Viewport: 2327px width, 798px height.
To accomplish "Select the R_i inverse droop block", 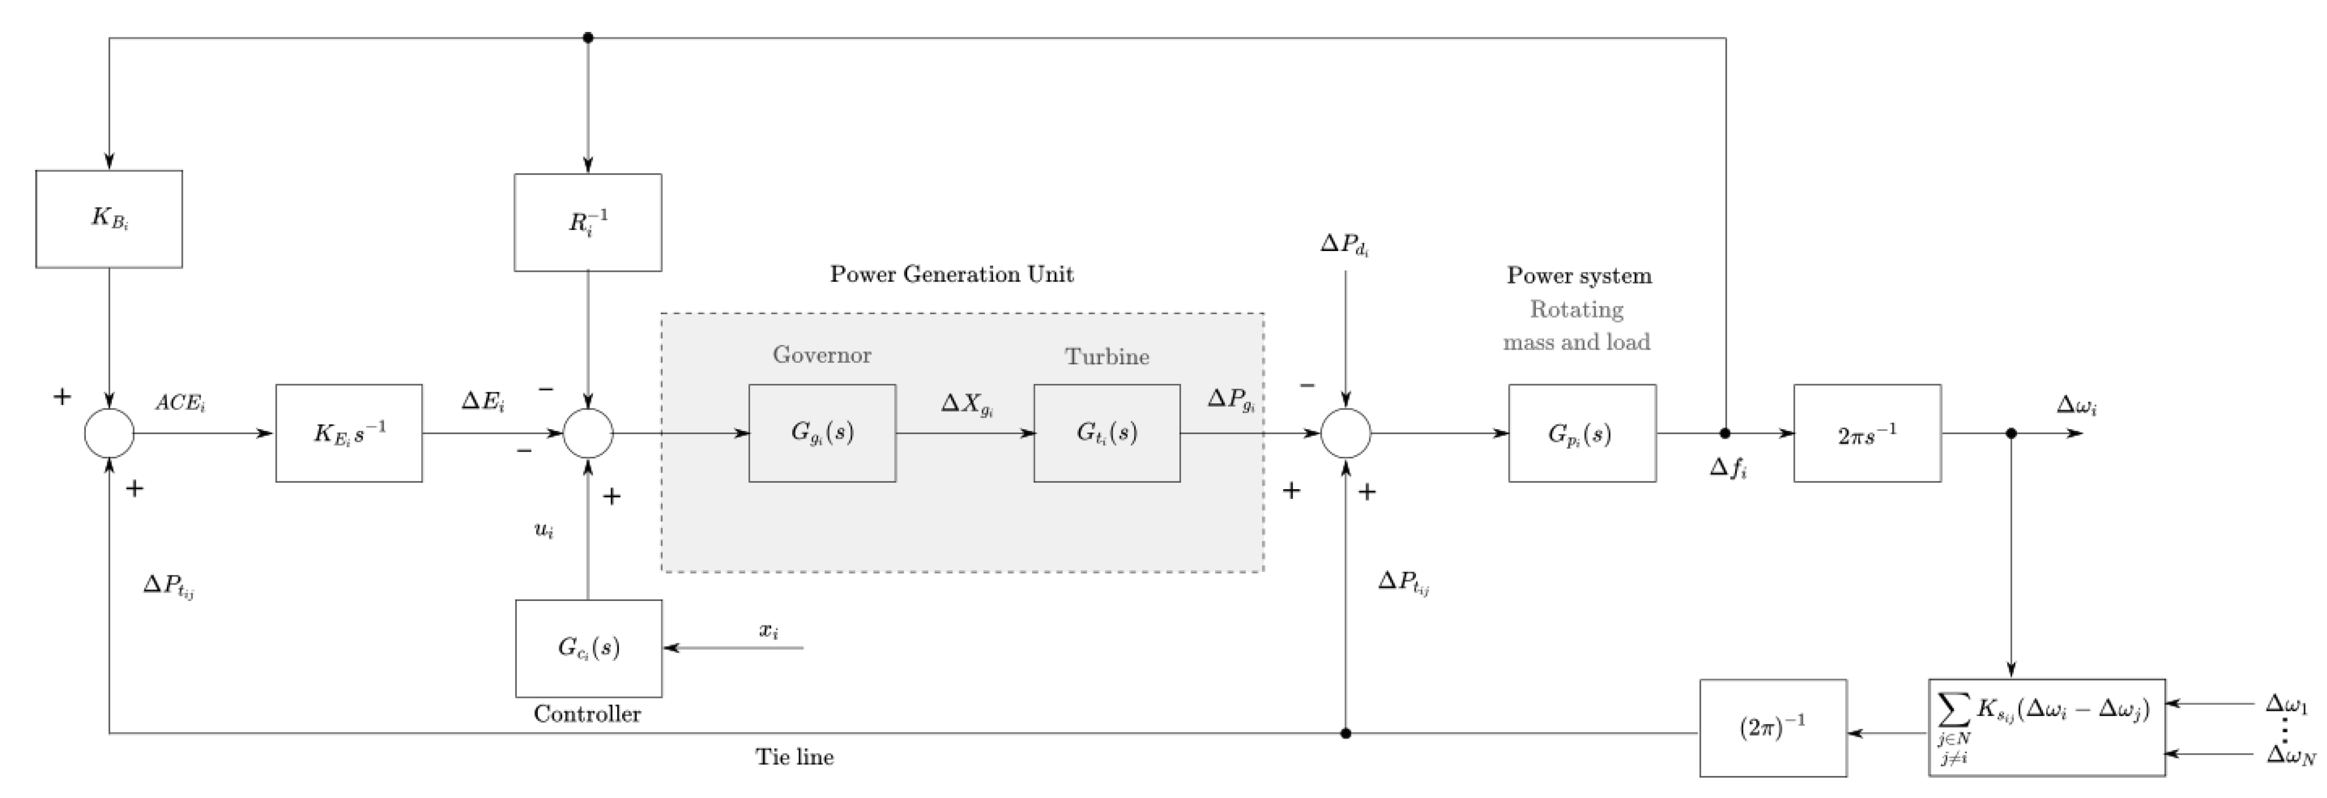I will [587, 222].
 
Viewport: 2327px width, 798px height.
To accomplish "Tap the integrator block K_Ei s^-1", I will [348, 433].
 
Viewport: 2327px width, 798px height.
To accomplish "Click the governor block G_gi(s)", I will [822, 433].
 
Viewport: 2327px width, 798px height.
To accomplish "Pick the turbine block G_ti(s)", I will [1107, 433].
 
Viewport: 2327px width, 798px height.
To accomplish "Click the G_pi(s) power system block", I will [1582, 433].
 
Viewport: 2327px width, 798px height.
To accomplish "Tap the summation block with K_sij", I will [2046, 728].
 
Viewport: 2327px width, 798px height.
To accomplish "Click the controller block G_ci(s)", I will [588, 648].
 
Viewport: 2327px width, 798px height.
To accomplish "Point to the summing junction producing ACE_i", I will [110, 433].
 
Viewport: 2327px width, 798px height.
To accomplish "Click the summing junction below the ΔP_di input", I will [1345, 433].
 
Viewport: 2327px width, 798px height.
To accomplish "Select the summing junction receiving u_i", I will [588, 433].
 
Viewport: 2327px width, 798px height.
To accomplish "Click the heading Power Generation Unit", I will [951, 275].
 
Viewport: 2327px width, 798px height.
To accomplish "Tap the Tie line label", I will [794, 757].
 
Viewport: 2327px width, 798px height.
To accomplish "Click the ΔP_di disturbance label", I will [1344, 245].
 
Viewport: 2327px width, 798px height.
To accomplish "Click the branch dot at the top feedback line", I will [588, 38].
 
